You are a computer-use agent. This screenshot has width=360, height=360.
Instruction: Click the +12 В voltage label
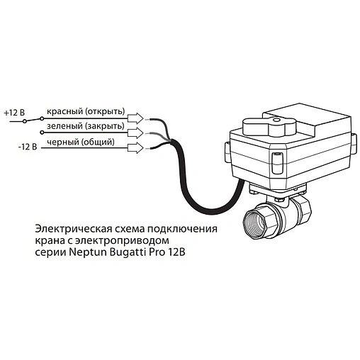pos(14,112)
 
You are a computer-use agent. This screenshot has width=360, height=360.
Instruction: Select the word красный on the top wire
pos(64,112)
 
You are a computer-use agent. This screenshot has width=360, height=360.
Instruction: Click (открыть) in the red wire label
pos(104,112)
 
